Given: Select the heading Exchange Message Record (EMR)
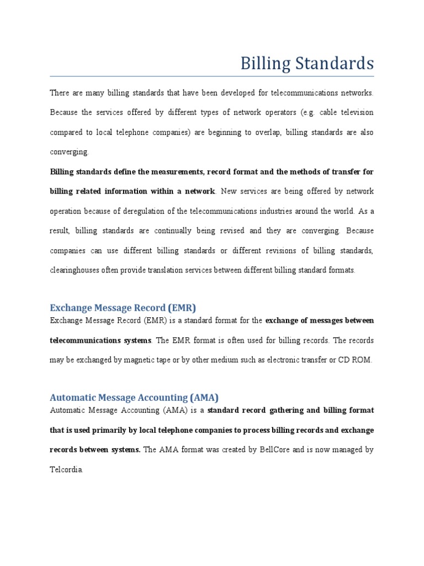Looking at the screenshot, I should pyautogui.click(x=123, y=307).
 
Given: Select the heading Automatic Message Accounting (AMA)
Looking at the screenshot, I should pyautogui.click(x=134, y=397).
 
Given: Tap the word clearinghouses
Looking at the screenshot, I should pyautogui.click(x=76, y=270).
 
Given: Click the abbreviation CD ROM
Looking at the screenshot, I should pyautogui.click(x=358, y=360).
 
